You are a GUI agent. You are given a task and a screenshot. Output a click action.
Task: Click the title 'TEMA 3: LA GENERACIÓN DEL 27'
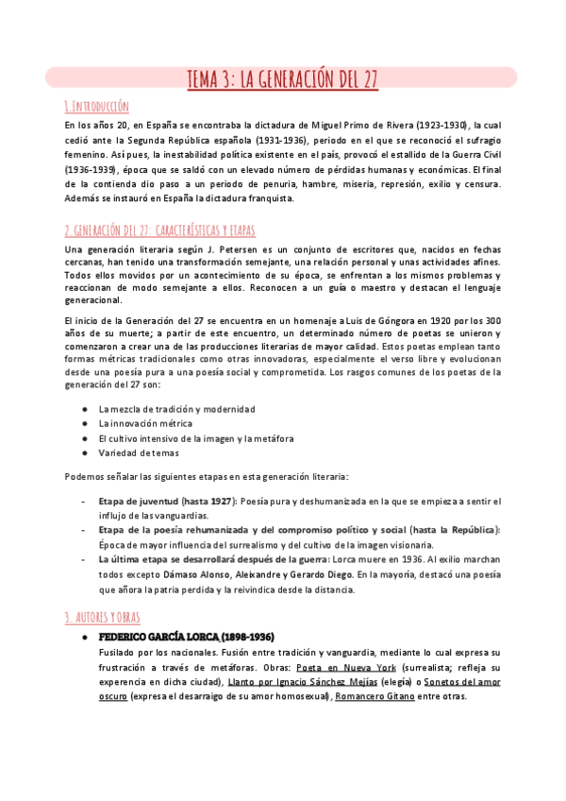[283, 78]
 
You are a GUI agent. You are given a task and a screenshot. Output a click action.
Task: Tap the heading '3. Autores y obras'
[102, 591]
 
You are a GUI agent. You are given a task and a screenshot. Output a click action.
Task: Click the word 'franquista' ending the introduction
[272, 198]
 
